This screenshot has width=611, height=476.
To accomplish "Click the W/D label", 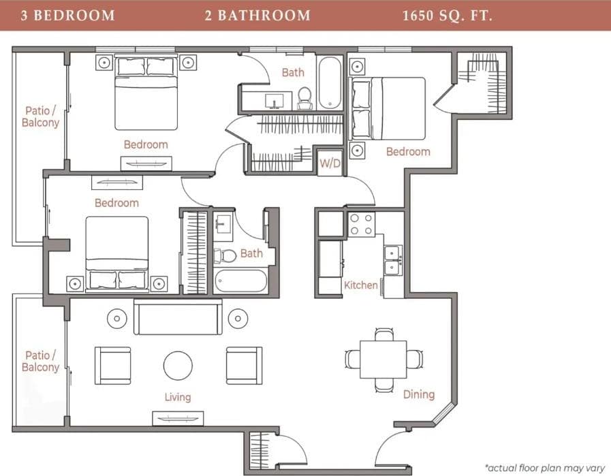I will tap(330, 164).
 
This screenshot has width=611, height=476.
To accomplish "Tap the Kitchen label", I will tap(360, 285).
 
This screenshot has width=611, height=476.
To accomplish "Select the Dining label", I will tap(418, 394).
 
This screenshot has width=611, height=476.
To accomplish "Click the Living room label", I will tap(177, 396).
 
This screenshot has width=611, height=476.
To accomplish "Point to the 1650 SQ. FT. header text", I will tap(447, 16).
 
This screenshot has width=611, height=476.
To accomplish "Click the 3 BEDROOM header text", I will tap(67, 16).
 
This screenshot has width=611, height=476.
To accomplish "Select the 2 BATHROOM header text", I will tap(257, 16).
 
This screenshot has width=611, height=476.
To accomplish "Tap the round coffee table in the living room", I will tap(178, 365).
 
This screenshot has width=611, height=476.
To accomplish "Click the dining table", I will tap(383, 359).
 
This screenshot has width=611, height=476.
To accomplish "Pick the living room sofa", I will tap(177, 317).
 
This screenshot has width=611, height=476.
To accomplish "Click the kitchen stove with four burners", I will tap(361, 225).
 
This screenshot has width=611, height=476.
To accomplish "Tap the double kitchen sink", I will tap(392, 259).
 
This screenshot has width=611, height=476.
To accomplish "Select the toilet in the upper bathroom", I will tap(304, 98).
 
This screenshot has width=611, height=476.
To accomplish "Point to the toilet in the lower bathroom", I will tap(225, 255).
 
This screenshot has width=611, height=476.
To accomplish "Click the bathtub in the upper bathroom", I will tap(330, 82).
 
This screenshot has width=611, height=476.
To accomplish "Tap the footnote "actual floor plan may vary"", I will tap(544, 468).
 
